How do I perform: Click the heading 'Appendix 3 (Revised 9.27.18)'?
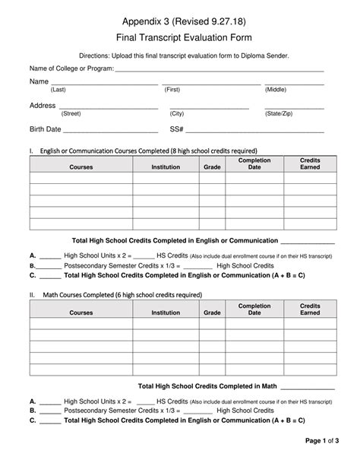[180, 19]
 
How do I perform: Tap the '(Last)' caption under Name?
[58, 90]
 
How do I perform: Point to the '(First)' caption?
[172, 90]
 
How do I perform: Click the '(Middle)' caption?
[276, 90]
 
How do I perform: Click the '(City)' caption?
[177, 113]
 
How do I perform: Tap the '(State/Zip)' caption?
[279, 113]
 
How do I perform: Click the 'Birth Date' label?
[45, 129]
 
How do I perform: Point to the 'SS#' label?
[177, 129]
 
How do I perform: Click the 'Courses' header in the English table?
[81, 166]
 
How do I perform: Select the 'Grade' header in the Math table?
[212, 312]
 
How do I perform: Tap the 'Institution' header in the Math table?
[166, 312]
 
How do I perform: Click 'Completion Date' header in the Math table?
[254, 309]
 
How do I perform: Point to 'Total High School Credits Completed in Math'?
[207, 386]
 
